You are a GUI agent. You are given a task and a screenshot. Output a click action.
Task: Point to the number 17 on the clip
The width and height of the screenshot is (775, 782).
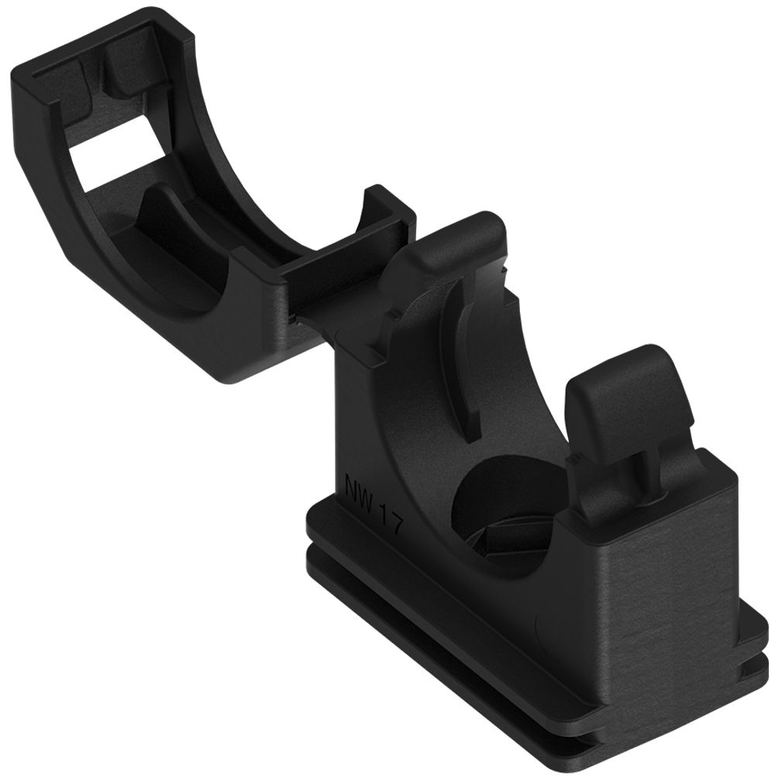click(390, 521)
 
